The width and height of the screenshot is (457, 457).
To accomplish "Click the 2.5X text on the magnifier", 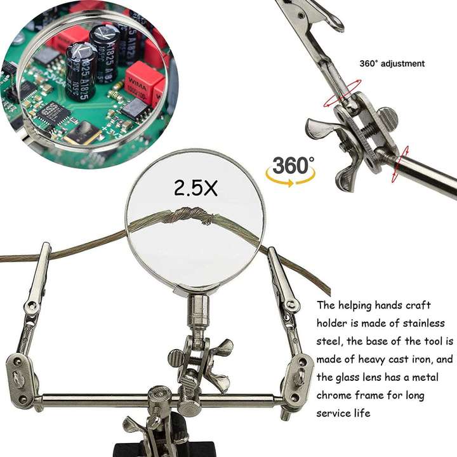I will tap(195, 187).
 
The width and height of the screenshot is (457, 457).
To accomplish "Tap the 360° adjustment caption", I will tap(392, 63).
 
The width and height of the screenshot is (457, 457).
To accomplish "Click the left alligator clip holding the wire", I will tap(39, 279).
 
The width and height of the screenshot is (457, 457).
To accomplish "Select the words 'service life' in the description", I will tap(345, 413).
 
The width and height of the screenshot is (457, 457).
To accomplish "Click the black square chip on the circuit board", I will tap(54, 112).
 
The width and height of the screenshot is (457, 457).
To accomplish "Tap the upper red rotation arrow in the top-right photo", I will tap(348, 92).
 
